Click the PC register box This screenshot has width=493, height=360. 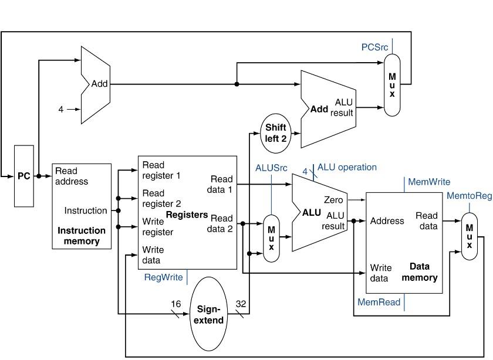pos(23,176)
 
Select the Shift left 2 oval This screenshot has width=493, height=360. pos(275,133)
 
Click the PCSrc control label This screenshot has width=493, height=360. pos(374,47)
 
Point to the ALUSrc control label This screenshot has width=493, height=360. pos(271,168)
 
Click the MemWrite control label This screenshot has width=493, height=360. pos(429,182)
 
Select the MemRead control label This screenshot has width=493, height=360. pos(379,303)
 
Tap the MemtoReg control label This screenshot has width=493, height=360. pos(469,196)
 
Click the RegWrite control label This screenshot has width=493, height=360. pos(164,277)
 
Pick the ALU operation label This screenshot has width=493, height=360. pos(347,167)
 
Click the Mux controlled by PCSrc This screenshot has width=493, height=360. pos(392,84)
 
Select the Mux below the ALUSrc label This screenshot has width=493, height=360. pos(271,237)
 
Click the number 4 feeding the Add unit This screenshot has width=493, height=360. pos(60,109)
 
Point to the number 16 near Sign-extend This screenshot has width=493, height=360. pos(175,304)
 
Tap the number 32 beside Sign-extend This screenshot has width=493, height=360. pos(241,304)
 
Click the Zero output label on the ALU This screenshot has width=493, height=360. pos(333,200)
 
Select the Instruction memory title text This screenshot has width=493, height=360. pos(82,236)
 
